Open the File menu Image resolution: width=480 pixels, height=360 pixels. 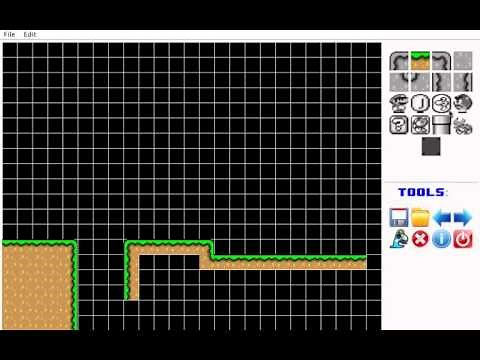(x=9, y=34)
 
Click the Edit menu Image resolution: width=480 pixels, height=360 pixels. (x=30, y=34)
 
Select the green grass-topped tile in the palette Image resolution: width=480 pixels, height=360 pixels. (x=420, y=60)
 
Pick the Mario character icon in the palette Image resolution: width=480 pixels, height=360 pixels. (x=399, y=103)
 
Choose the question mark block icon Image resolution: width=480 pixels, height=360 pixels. (x=399, y=124)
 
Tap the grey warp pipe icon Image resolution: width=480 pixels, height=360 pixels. (x=441, y=124)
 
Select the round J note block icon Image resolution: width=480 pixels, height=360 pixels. (x=420, y=103)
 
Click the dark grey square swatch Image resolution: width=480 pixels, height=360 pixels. (x=431, y=146)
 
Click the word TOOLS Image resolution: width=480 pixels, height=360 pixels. (x=422, y=192)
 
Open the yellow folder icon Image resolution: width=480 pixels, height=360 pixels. (x=420, y=217)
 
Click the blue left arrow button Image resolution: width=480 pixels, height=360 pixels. (x=441, y=217)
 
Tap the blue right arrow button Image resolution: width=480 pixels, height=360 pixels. (x=462, y=217)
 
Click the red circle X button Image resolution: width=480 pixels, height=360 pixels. (x=420, y=239)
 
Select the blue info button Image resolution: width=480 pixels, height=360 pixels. (x=441, y=239)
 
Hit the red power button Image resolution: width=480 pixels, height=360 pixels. (x=462, y=239)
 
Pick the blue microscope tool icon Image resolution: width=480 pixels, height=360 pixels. (x=399, y=239)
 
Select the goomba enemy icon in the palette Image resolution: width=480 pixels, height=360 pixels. (x=462, y=103)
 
